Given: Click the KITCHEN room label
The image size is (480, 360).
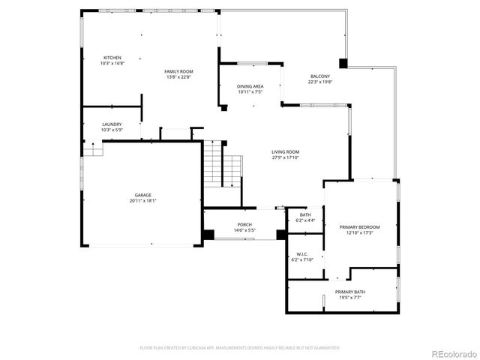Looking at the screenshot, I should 112,58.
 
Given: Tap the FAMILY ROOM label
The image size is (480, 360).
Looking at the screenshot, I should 178,71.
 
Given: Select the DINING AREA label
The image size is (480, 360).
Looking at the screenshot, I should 250,87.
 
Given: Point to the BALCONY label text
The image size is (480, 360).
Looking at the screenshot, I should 319,76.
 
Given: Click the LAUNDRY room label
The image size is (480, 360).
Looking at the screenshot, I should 112,124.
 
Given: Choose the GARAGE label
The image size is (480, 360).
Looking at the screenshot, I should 142,195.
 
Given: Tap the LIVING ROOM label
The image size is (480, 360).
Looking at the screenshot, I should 285,152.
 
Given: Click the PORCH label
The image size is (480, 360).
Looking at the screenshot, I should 244,224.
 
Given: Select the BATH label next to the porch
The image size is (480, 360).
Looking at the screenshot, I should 305,215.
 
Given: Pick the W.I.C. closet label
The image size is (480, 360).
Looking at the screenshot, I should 302,254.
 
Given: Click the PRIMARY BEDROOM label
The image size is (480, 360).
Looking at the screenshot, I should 359,227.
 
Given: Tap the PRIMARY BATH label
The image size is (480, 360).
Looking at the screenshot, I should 350,292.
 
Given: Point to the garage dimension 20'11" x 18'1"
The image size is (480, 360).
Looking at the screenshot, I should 142,200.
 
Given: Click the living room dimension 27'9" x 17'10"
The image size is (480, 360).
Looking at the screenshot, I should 285,157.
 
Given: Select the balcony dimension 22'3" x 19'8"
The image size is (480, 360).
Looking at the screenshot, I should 319,82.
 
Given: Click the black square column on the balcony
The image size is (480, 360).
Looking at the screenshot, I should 343,64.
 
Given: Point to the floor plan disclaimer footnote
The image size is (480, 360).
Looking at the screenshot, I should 240,347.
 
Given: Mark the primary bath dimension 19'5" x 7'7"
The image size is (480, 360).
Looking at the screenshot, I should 350,297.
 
